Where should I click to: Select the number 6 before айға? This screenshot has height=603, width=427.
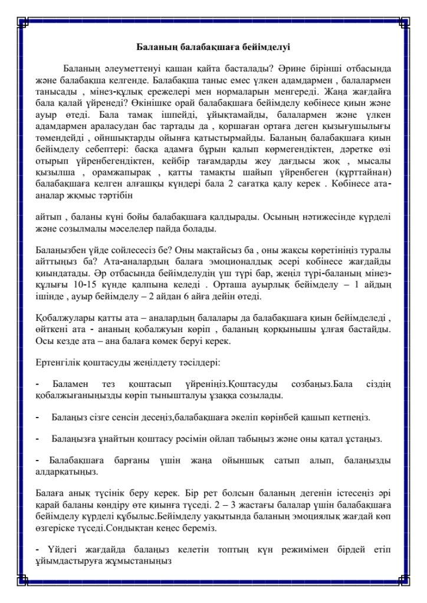tap(242, 290)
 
